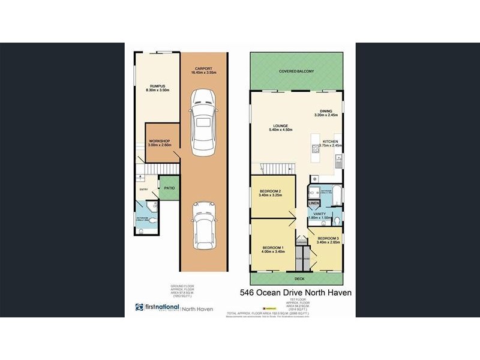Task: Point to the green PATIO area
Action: tap(169, 188)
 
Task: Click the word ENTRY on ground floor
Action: tap(143, 190)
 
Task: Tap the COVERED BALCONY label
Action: tap(296, 71)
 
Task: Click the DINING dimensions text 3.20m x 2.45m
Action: tap(326, 115)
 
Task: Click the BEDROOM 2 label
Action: tap(272, 191)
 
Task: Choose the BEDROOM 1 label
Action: tap(273, 248)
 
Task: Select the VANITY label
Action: tap(320, 214)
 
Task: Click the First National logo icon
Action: tap(139, 308)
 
